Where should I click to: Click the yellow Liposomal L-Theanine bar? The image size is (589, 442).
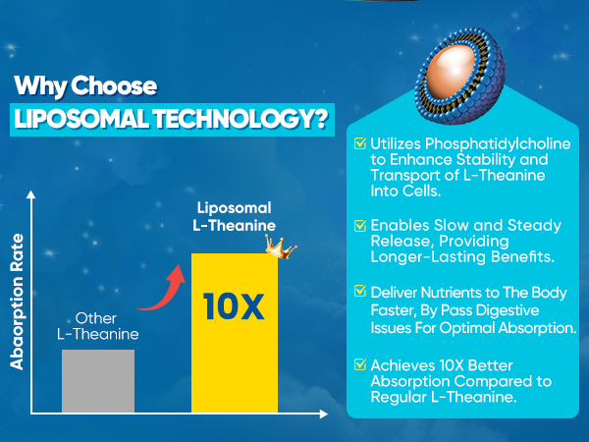[x=235, y=333]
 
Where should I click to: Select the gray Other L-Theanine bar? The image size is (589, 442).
[x=98, y=381]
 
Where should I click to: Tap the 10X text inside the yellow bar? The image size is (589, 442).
[x=234, y=306]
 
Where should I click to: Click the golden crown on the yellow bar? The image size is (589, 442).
[x=280, y=247]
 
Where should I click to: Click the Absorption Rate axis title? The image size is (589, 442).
[x=17, y=302]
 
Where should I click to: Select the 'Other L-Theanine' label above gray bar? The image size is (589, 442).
[x=97, y=326]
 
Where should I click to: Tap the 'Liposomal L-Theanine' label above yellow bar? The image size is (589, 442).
[x=234, y=216]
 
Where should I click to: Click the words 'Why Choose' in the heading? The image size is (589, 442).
[x=85, y=86]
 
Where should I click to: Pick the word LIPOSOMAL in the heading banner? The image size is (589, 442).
[x=81, y=119]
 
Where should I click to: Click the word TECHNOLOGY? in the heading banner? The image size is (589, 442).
[x=241, y=119]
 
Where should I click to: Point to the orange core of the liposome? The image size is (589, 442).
[x=452, y=71]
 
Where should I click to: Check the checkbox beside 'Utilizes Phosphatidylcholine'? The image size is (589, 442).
[x=360, y=143]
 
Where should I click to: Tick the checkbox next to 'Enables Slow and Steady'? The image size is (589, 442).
[x=360, y=225]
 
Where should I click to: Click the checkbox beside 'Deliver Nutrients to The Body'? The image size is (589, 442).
[x=360, y=292]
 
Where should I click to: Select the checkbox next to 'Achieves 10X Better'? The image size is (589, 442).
[x=360, y=364]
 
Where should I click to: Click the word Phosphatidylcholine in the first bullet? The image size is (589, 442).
[x=498, y=144]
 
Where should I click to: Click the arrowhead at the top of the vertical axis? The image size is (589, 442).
[x=30, y=194]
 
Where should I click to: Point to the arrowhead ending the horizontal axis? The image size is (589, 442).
[x=324, y=414]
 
